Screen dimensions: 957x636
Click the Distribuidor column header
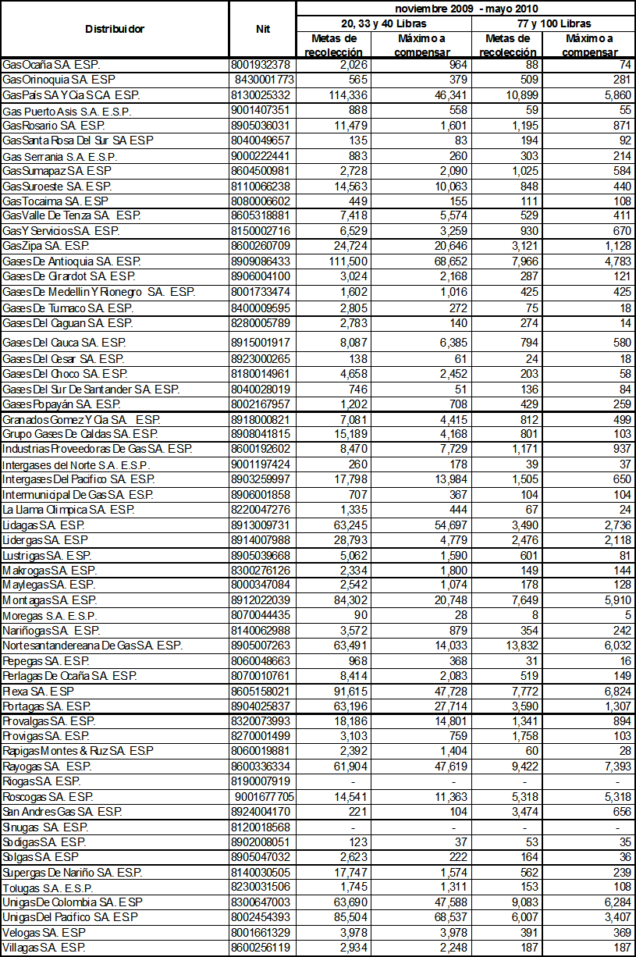pos(115,29)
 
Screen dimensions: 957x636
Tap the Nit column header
pos(263,29)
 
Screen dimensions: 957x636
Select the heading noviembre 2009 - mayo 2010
pos(466,8)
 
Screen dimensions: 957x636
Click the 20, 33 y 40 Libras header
pos(384,24)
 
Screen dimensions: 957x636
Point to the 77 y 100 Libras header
pos(553,24)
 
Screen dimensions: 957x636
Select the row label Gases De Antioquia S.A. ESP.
pos(72,261)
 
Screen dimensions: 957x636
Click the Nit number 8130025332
pos(261,94)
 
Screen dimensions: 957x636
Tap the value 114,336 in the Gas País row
pos(335,94)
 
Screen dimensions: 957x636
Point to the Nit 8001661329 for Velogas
pos(261,934)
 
